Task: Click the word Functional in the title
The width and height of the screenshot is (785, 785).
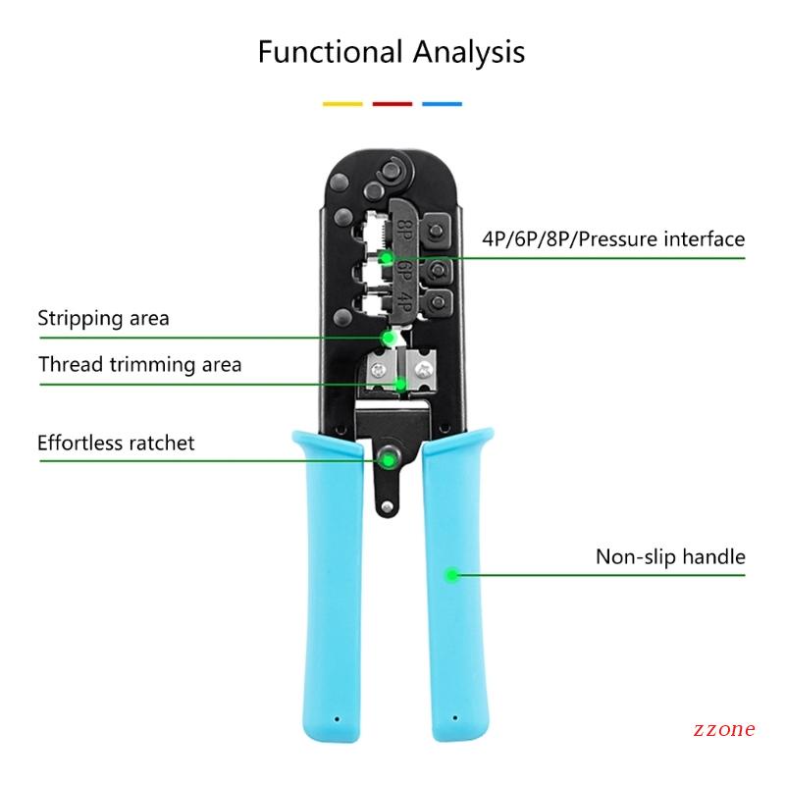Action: click(x=325, y=51)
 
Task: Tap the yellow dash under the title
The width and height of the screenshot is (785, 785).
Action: click(x=342, y=103)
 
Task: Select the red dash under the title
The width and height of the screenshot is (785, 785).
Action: click(x=392, y=103)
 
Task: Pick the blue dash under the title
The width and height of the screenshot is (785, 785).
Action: click(x=442, y=103)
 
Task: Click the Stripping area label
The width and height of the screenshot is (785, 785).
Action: click(x=103, y=318)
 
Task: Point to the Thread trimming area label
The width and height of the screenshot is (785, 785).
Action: click(x=139, y=365)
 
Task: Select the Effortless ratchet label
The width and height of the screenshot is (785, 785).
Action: click(x=116, y=443)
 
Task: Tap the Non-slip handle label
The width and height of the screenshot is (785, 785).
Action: click(x=670, y=557)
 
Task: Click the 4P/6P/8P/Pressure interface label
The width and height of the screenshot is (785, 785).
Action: click(x=613, y=239)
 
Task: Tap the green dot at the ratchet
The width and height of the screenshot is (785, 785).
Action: click(x=390, y=458)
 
